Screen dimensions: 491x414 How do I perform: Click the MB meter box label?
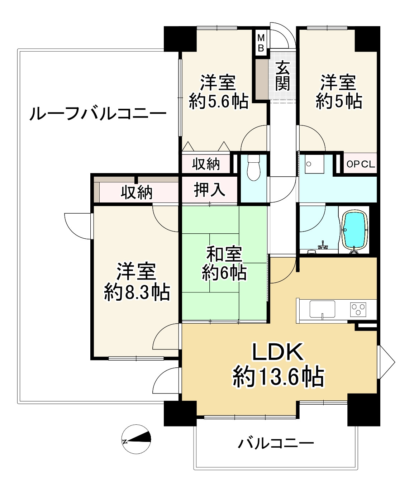click(261, 42)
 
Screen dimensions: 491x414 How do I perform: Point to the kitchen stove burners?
click(358, 309)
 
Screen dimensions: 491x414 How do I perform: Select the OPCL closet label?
click(360, 165)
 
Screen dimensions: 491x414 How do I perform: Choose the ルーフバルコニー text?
click(97, 114)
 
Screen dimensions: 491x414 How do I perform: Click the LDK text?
click(278, 353)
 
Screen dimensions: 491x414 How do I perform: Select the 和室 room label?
click(224, 254)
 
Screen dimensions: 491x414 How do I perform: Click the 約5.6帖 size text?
click(218, 102)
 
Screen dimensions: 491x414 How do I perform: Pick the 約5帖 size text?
click(338, 101)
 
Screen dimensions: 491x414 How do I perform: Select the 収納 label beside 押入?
click(136, 192)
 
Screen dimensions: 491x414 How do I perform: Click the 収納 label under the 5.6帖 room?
click(206, 164)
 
